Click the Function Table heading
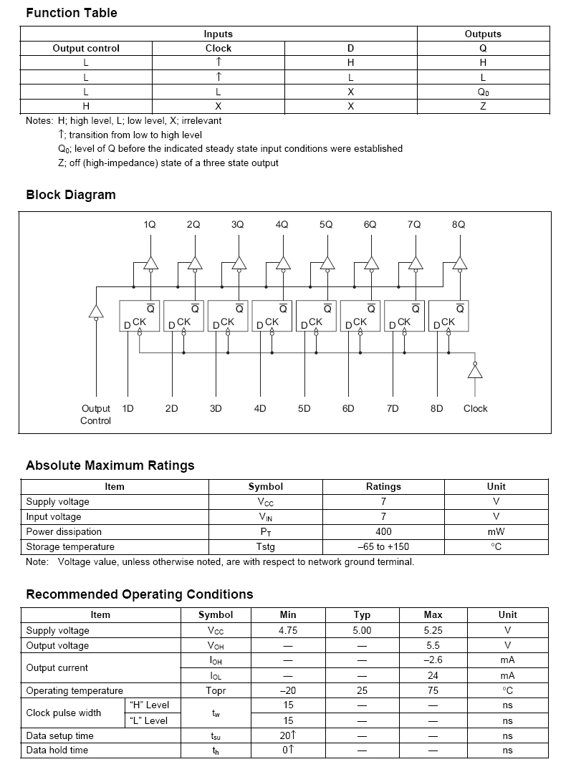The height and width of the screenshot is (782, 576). [71, 13]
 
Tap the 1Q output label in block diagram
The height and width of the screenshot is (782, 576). [150, 224]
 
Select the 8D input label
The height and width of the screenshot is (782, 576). [436, 408]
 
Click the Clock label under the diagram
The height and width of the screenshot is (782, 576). [475, 408]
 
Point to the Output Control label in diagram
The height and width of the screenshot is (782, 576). [95, 415]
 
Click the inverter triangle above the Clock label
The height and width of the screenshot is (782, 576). [474, 371]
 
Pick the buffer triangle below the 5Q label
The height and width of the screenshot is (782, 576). [327, 263]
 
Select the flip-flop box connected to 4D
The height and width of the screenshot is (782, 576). [273, 316]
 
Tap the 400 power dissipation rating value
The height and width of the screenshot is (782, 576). [383, 531]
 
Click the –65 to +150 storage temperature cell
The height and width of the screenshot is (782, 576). [383, 546]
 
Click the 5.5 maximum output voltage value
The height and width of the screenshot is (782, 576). [433, 645]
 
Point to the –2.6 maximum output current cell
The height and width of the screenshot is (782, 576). [433, 660]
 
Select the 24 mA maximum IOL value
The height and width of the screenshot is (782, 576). [433, 675]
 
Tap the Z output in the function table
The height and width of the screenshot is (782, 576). [483, 106]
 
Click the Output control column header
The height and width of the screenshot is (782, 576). [86, 48]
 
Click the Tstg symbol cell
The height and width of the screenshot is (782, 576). [265, 546]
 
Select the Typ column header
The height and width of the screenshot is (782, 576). [362, 614]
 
